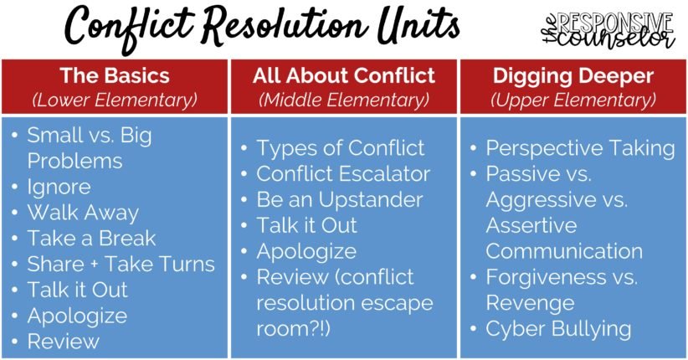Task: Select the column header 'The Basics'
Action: (114, 76)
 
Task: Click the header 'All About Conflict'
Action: (343, 76)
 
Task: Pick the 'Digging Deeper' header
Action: (573, 76)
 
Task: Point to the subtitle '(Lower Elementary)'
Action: (114, 100)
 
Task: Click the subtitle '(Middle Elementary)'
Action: (343, 100)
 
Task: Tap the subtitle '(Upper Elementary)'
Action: (573, 100)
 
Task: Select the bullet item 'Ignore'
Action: (59, 186)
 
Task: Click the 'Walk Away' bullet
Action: (82, 212)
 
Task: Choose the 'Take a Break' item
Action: (91, 238)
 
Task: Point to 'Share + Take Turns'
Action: (121, 264)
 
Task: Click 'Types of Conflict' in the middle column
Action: (340, 148)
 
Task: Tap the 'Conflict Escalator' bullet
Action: (343, 174)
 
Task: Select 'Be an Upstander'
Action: (339, 200)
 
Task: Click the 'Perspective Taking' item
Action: (580, 148)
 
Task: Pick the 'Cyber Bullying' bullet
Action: (558, 328)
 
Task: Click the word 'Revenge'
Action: (530, 302)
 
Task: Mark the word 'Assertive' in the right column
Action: (531, 225)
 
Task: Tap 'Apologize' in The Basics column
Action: (77, 316)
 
